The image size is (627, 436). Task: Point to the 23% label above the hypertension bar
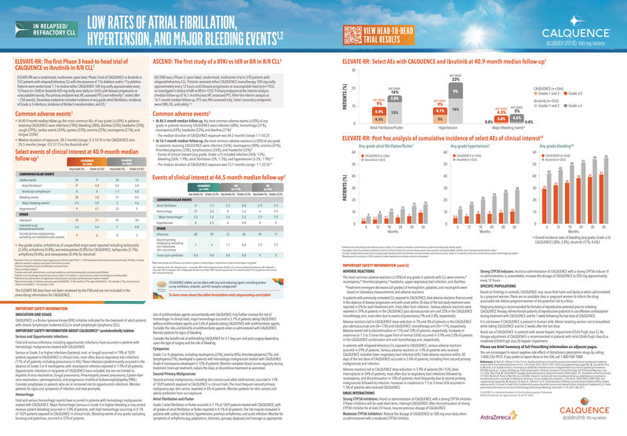point(454,79)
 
